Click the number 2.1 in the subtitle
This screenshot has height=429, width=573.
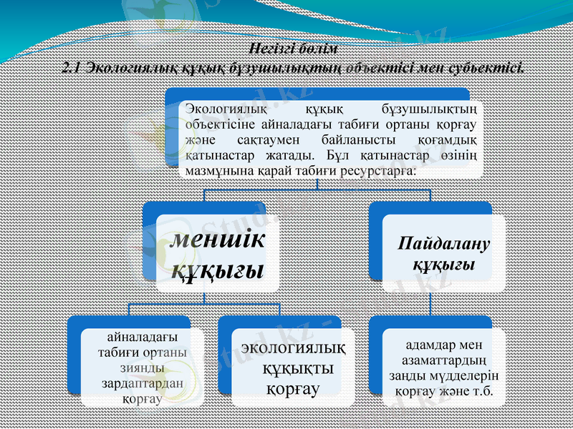pyautogui.click(x=72, y=69)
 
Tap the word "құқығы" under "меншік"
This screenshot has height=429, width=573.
pyautogui.click(x=218, y=270)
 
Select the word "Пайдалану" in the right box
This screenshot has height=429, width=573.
pyautogui.click(x=444, y=245)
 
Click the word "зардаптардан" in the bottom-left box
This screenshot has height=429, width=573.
pyautogui.click(x=142, y=383)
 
